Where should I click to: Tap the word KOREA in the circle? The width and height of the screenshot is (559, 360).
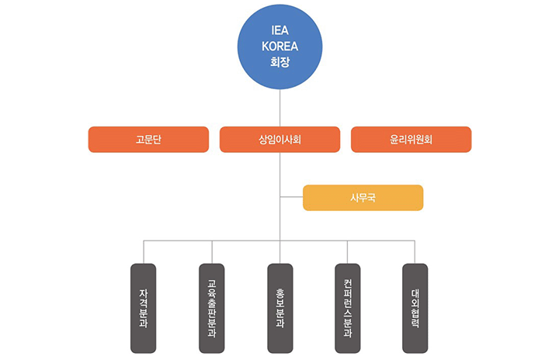[279, 46]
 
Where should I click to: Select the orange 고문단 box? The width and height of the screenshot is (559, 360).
[148, 140]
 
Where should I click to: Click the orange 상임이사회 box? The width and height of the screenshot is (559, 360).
[279, 140]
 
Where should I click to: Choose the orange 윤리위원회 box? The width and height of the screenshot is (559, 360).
[411, 140]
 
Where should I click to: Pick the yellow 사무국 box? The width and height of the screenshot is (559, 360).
[363, 198]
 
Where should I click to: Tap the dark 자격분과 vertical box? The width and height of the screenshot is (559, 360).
[144, 308]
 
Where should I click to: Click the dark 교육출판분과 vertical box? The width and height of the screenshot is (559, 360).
[212, 308]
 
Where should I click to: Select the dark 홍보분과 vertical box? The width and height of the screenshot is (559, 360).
[279, 308]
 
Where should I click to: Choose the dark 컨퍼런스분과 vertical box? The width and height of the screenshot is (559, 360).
[347, 308]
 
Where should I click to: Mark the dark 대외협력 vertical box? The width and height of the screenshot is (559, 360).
[415, 308]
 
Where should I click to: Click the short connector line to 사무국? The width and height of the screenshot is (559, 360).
[291, 198]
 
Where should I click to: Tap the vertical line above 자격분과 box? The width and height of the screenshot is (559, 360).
[144, 252]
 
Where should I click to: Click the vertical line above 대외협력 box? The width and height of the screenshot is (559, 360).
[415, 252]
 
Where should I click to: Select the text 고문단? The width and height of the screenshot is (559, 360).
[148, 140]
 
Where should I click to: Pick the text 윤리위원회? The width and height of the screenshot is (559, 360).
[411, 140]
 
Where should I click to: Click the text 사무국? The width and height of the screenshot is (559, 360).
[363, 198]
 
